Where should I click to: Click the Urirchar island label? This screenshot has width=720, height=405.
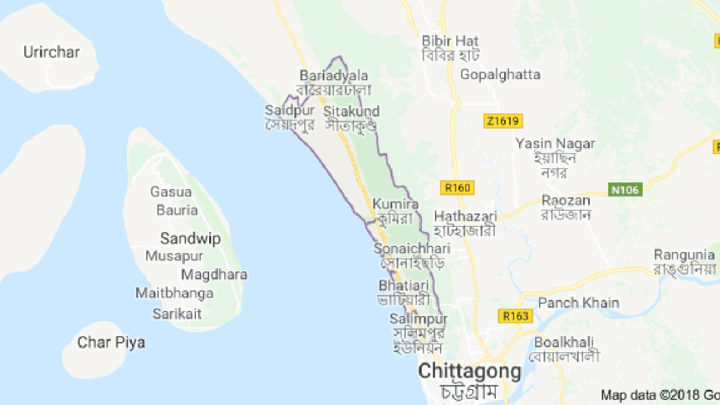51,52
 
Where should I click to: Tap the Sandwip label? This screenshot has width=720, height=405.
190,239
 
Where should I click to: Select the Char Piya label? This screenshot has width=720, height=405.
111,342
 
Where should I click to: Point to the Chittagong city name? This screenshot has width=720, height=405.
470,371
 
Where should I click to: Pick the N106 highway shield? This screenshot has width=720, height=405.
625,190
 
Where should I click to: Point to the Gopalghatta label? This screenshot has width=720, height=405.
500,74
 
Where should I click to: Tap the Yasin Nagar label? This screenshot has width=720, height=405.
555,144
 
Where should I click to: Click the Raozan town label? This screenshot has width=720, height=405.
565,201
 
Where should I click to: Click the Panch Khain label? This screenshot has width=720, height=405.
578,302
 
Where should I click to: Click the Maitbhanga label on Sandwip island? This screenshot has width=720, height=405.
174,294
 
